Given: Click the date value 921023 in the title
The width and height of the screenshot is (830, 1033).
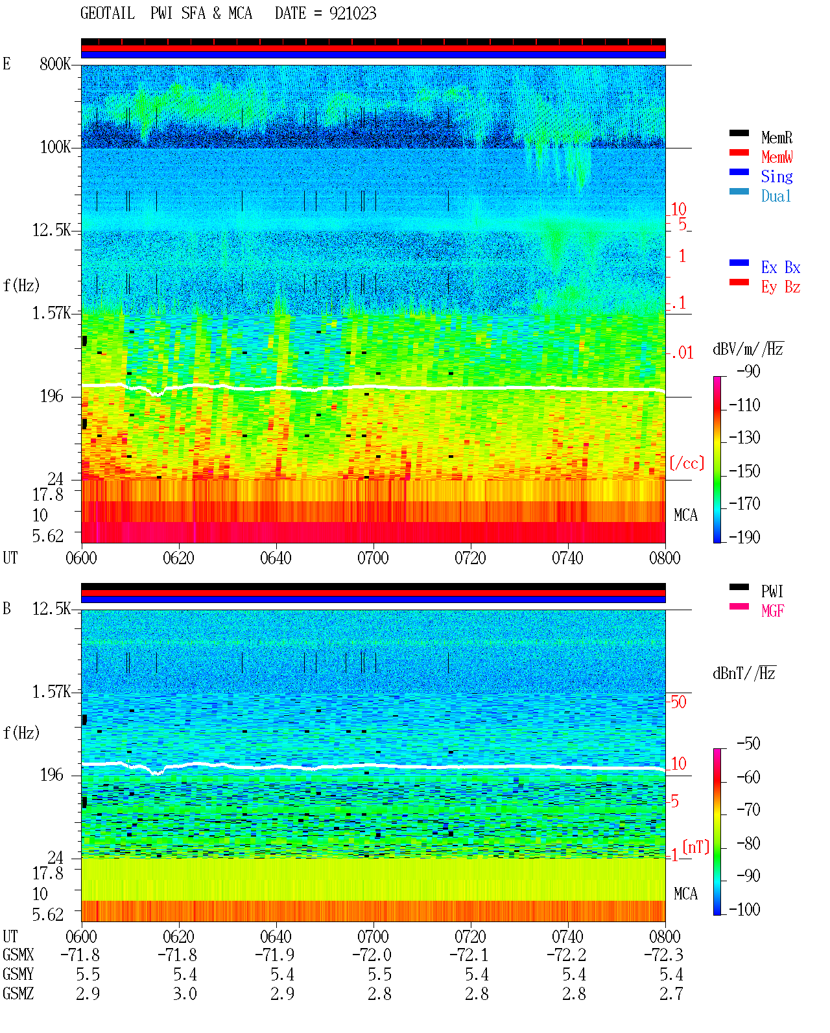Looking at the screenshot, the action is (x=353, y=14).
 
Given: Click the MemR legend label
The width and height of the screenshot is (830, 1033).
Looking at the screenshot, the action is (x=777, y=137).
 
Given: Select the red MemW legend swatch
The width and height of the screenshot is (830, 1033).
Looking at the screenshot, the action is (x=739, y=152).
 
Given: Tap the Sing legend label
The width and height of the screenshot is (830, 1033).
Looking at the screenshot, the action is (x=777, y=176).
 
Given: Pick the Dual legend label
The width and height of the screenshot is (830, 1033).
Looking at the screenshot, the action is (x=776, y=196).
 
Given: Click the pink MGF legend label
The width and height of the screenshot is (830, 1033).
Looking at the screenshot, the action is (x=772, y=611).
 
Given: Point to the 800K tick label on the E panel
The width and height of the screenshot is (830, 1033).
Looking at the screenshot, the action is (x=55, y=64).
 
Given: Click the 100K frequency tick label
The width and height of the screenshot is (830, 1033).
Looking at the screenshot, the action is (x=55, y=147).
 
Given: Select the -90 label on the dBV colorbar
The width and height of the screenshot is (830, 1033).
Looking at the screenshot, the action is (x=748, y=371).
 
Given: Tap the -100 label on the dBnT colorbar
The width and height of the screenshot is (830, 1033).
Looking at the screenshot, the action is (x=744, y=909).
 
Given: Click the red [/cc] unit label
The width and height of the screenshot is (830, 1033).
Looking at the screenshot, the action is (x=687, y=463).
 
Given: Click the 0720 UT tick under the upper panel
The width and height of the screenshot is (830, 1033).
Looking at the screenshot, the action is (x=471, y=558).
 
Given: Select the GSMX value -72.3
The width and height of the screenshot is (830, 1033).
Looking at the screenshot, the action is (x=663, y=955).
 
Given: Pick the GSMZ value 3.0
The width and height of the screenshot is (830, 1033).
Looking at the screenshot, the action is (x=185, y=993).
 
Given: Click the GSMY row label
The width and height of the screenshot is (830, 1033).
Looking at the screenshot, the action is (x=18, y=975).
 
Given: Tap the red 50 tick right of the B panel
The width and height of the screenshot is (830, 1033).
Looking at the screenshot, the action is (x=678, y=702).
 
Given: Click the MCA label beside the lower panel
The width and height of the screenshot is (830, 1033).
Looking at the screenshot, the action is (x=685, y=894).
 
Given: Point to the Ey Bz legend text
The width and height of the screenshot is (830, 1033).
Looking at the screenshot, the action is (x=781, y=287).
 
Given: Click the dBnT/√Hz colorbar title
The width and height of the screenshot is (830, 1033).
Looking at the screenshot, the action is (x=744, y=673).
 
